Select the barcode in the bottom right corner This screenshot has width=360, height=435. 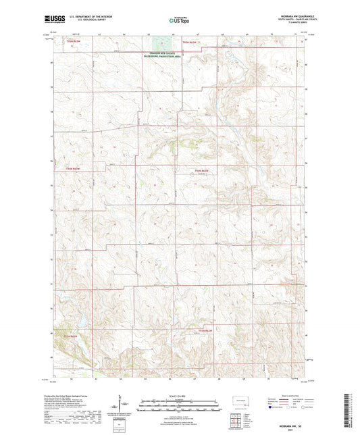[351, 409]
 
